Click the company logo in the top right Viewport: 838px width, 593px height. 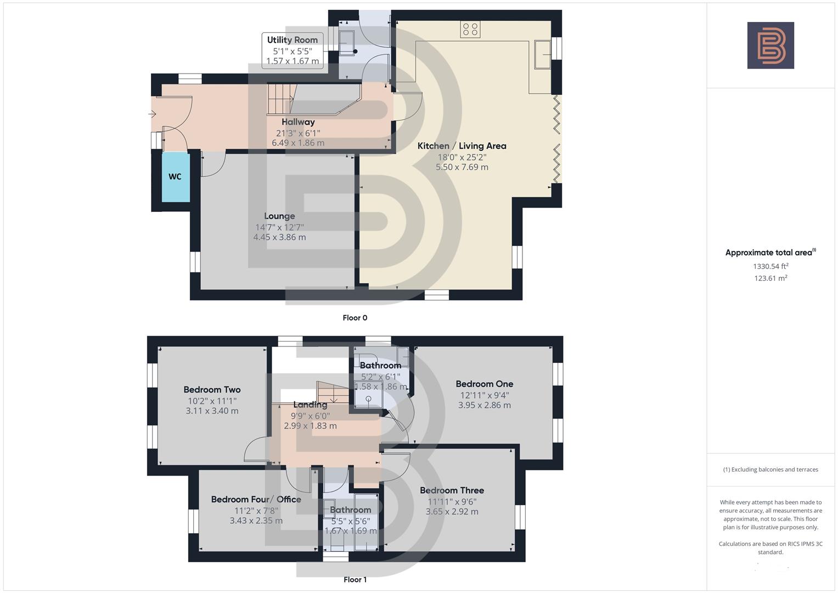pos(770,45)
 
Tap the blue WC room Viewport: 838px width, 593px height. pos(175,177)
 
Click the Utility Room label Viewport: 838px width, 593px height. pos(292,40)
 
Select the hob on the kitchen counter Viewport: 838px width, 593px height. pos(470,30)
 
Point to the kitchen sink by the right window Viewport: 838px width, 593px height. pos(543,54)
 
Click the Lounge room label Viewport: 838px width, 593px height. pos(279,216)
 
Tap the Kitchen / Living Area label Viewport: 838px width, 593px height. pos(462,146)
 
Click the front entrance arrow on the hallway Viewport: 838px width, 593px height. pos(152,114)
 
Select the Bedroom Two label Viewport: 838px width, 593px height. pos(212,390)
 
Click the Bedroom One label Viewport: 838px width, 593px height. pos(484,384)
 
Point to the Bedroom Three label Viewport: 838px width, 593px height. pos(452,490)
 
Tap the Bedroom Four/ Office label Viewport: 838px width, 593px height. pos(256,500)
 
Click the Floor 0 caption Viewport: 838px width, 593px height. pos(355,318)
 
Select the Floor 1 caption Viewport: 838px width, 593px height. pos(355,580)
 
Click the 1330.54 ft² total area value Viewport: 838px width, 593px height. pos(770,266)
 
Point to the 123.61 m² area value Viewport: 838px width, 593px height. pos(770,278)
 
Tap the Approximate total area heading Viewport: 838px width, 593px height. pos(770,253)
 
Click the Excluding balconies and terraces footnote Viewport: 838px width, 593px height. pos(770,469)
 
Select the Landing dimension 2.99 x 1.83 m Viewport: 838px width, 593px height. pos(310,426)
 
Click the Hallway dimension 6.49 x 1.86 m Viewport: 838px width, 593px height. pos(298,143)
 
